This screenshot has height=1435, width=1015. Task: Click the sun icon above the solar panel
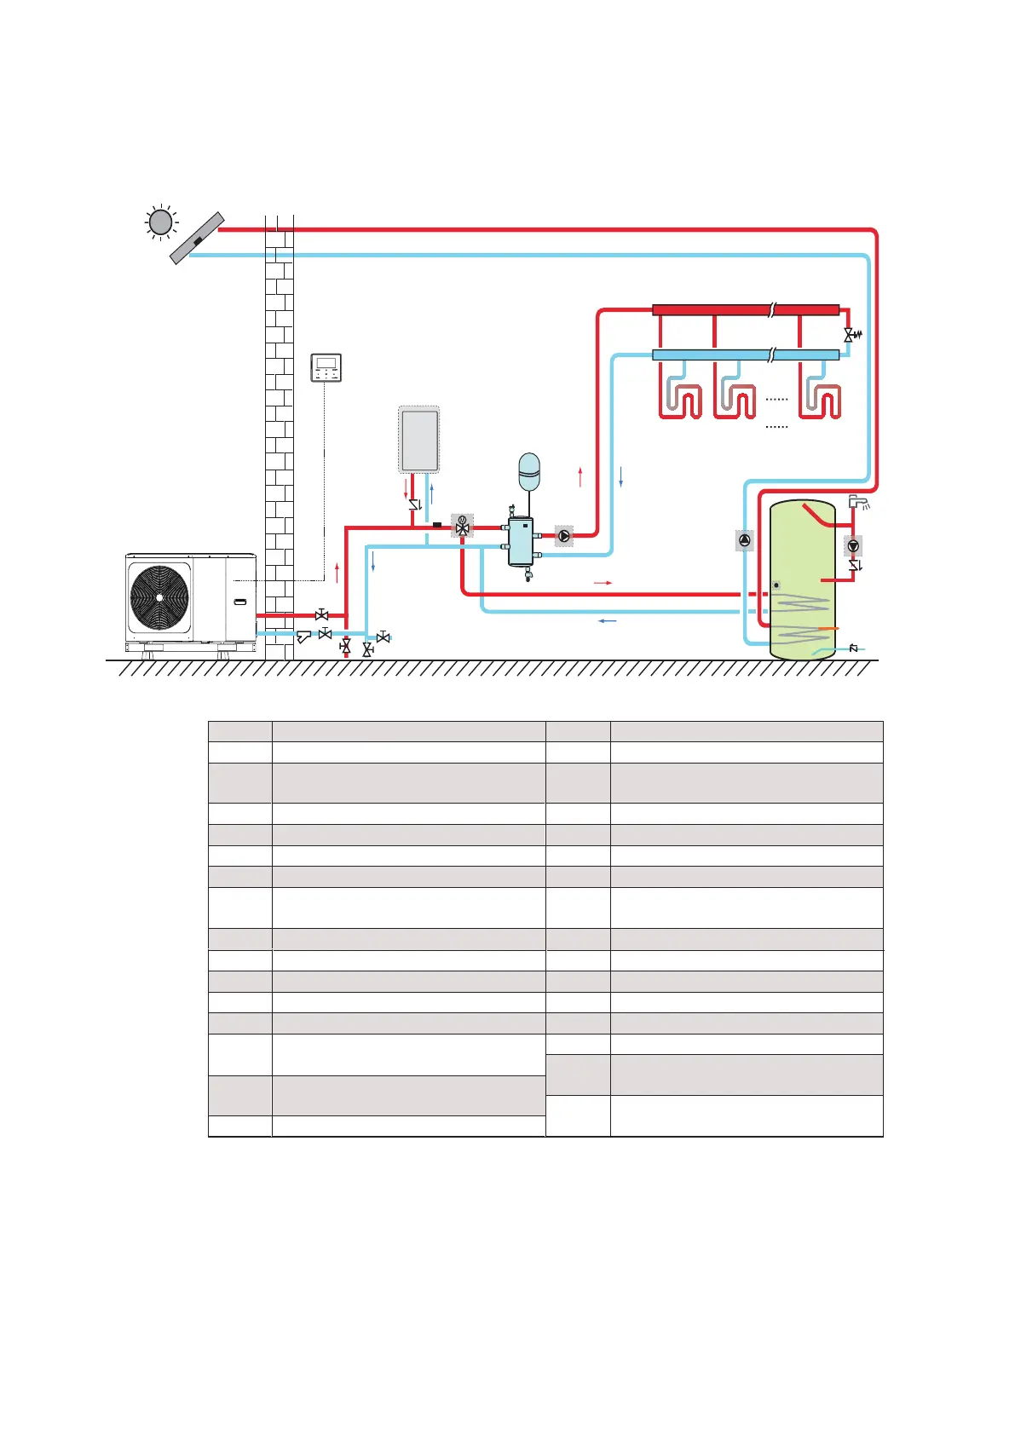point(160,222)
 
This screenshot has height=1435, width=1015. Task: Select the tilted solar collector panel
point(197,239)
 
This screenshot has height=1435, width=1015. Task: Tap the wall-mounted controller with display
point(326,367)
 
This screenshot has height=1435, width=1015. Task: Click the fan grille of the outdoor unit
point(159,596)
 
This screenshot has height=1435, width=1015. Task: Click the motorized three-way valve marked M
point(462,526)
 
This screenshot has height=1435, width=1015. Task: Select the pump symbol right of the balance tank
point(564,536)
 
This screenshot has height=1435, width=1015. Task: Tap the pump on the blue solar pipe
point(745,540)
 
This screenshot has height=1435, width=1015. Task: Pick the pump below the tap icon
point(853,545)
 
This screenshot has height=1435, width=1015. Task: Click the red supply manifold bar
point(746,310)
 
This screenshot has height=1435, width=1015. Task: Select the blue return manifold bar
point(746,354)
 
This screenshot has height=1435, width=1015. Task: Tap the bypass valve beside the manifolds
point(850,335)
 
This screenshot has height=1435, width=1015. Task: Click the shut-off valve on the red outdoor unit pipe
point(321,614)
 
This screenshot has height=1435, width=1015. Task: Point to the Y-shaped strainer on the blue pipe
point(303,636)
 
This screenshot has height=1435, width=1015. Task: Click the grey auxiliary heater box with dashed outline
point(419,440)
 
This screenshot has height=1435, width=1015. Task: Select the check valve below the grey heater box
point(415,504)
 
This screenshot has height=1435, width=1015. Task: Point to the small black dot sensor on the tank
point(776,585)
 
